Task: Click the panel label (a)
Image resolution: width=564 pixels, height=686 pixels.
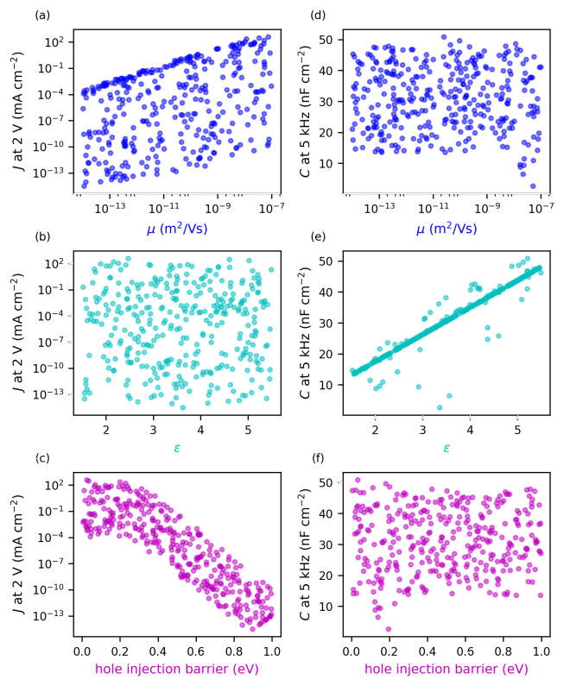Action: click(41, 15)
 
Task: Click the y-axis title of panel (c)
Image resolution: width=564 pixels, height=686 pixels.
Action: click(17, 553)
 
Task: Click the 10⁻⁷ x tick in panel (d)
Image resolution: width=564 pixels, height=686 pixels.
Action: click(542, 209)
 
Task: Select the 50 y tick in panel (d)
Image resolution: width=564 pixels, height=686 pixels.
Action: click(328, 40)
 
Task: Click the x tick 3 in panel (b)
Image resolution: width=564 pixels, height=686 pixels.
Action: click(153, 430)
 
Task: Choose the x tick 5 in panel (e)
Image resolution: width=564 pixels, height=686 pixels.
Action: click(517, 430)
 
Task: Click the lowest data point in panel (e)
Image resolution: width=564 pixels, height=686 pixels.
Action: click(439, 407)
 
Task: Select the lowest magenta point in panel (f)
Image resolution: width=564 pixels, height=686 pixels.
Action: click(389, 629)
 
